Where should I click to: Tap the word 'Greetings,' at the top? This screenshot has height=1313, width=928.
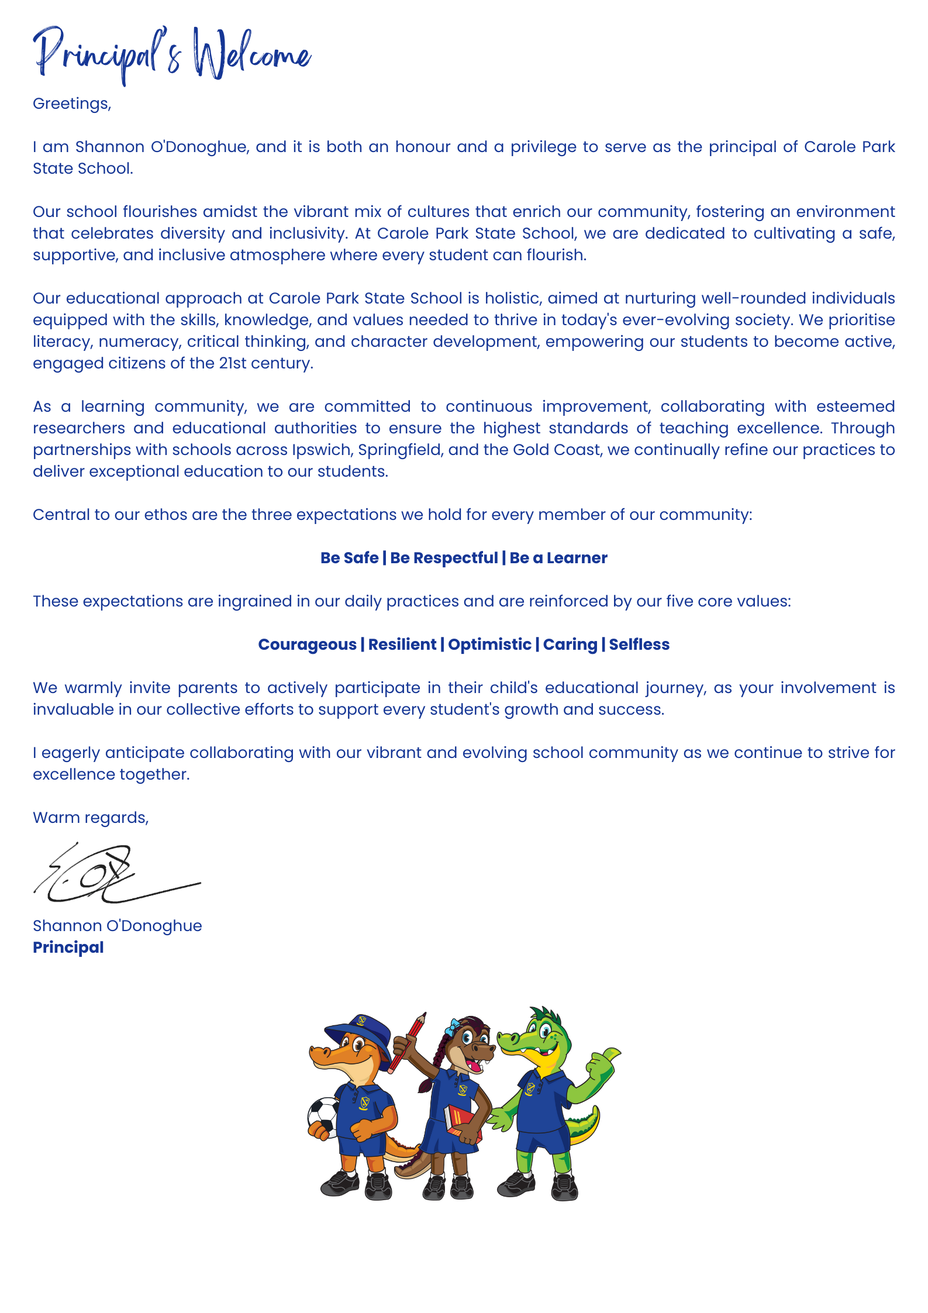point(72,104)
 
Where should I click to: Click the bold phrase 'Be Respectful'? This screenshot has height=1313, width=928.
point(444,558)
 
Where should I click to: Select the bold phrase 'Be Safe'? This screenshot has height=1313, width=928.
point(349,558)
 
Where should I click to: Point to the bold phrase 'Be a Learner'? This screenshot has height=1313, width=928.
point(558,558)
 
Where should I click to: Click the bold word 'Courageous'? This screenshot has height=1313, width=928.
point(307,645)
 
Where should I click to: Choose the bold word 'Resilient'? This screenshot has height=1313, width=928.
point(402,645)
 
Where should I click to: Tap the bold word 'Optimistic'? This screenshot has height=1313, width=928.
point(489,645)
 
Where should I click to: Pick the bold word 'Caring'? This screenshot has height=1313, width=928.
point(570,645)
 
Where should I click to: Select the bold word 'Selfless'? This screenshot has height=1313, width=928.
point(639,645)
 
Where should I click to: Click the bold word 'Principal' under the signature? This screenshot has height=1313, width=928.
point(68,947)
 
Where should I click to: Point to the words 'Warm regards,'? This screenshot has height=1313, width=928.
point(91,818)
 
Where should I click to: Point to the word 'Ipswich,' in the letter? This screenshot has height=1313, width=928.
point(322,450)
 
